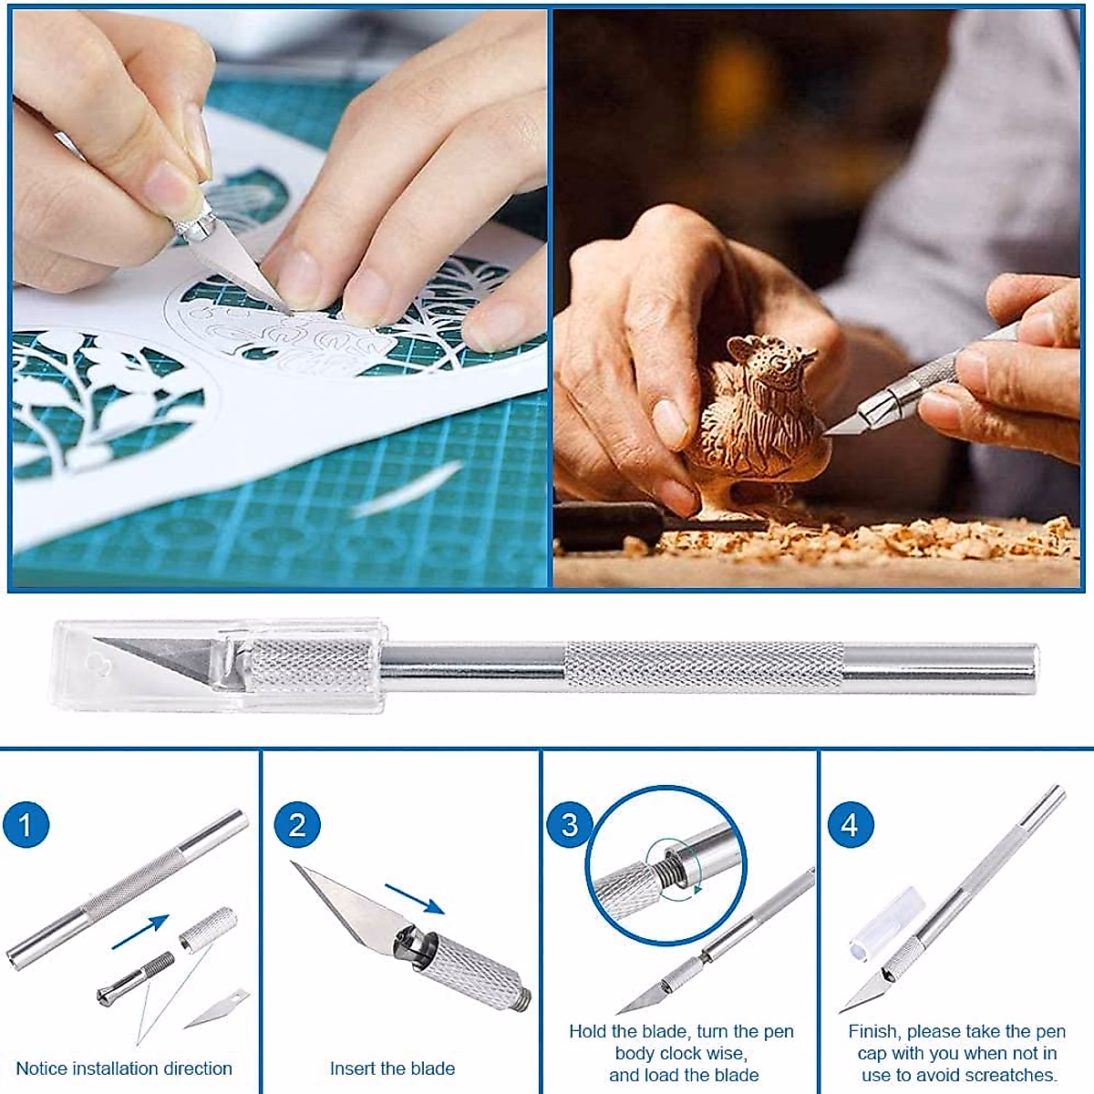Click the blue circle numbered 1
[26, 825]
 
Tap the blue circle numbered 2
[297, 825]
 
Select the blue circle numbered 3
[570, 825]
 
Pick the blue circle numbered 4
[850, 825]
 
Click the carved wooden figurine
[757, 410]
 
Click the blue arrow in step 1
[141, 932]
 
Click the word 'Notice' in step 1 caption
[42, 1068]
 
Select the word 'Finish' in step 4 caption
[872, 1031]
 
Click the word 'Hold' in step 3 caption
[588, 1031]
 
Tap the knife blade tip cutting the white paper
[273, 296]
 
